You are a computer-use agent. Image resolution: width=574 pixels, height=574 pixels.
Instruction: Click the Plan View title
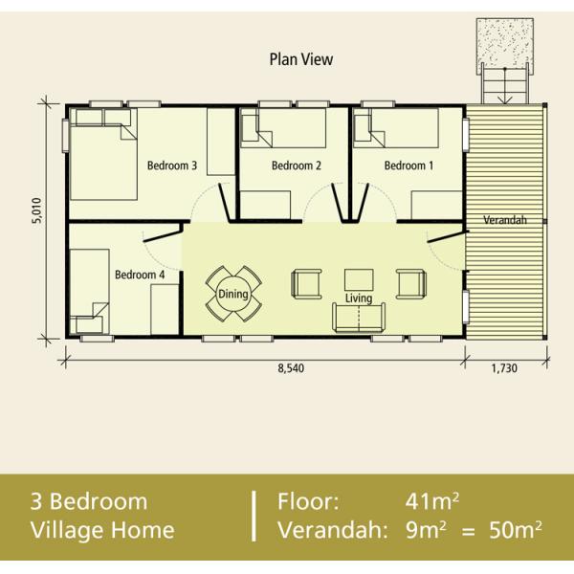301,59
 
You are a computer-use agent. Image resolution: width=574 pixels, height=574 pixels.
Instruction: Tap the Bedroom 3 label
172,166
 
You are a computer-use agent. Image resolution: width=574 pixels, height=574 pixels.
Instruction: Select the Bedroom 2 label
297,166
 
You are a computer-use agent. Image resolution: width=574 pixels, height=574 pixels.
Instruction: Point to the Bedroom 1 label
408,166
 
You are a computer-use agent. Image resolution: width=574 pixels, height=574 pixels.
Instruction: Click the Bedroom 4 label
140,275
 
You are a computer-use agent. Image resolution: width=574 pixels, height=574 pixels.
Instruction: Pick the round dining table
233,294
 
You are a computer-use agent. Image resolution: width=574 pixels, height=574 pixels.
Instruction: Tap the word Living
359,298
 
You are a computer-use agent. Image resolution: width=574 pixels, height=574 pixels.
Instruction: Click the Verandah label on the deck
505,220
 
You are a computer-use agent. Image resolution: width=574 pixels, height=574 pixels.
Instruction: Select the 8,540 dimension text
291,368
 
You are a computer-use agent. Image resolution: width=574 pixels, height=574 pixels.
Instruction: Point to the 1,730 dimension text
504,368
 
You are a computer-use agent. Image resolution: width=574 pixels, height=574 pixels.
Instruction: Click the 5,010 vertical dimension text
36,210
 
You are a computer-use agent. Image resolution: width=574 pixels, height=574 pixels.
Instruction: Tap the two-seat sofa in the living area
359,318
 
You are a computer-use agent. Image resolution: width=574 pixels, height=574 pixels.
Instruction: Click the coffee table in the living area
359,280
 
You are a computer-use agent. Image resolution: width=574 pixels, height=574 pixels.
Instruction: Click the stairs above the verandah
505,83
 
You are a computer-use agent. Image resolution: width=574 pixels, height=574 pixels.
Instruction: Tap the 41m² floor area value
432,501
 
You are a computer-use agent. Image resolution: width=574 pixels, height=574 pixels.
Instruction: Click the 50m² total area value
516,530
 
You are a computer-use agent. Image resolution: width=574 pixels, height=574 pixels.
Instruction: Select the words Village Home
102,530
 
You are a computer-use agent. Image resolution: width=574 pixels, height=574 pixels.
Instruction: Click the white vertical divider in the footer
254,517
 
